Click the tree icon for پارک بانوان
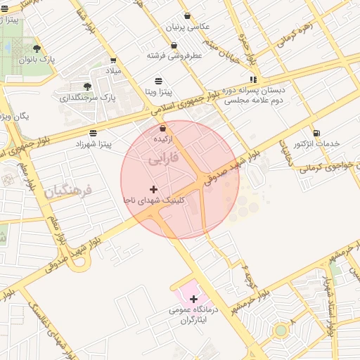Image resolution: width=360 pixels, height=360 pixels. pos(37,49)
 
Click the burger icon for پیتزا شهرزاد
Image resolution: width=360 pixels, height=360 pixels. pos(94,133)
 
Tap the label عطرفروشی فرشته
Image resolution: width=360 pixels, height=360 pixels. pos(174,54)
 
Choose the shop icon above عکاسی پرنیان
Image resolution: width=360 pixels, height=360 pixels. pos(187,15)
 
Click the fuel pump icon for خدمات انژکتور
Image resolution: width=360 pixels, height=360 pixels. pos(316,132)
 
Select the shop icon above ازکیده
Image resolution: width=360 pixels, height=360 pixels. pos(163,128)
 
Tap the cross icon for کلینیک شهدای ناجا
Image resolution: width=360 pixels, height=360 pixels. pos(153,189)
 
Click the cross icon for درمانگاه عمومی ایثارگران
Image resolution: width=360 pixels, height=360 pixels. pos(194,299)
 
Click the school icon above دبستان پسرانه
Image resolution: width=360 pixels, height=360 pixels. pos(252,79)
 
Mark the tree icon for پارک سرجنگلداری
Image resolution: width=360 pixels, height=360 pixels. pos(86,85)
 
